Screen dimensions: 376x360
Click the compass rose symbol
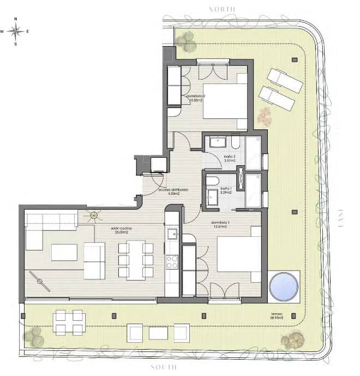click(x=16, y=31)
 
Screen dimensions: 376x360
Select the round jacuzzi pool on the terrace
click(x=284, y=285)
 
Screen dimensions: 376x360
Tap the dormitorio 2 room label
click(x=195, y=98)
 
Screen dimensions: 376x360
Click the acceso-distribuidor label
click(x=173, y=191)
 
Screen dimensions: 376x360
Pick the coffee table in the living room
click(x=64, y=252)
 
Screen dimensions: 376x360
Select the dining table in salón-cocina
click(x=136, y=259)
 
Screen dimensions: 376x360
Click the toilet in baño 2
click(x=235, y=143)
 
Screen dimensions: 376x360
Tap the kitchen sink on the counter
click(x=172, y=234)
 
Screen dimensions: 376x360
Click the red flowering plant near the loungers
click(x=265, y=115)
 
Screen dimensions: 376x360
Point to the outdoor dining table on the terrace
click(x=69, y=322)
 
